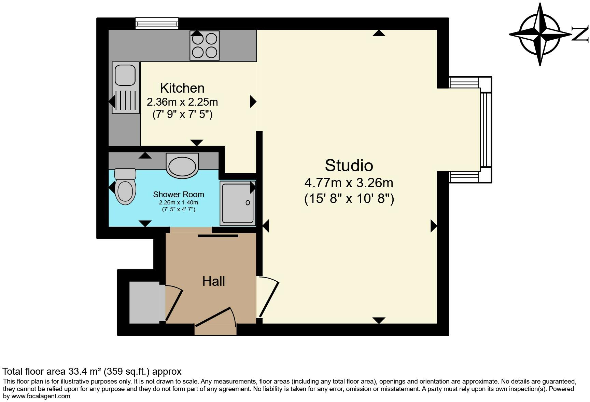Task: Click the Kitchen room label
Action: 182,88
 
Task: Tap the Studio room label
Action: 349,165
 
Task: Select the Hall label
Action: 213,281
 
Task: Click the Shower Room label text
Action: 178,195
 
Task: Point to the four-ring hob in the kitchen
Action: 205,45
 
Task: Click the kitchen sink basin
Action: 125,75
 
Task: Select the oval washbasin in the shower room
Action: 182,166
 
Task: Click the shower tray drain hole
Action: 248,203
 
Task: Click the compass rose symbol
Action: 540,35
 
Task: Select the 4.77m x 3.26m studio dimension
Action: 349,183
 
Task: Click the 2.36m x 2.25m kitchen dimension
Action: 182,102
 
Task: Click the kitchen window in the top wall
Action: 157,23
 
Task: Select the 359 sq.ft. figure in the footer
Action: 126,371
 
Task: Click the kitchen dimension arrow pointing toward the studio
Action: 253,102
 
